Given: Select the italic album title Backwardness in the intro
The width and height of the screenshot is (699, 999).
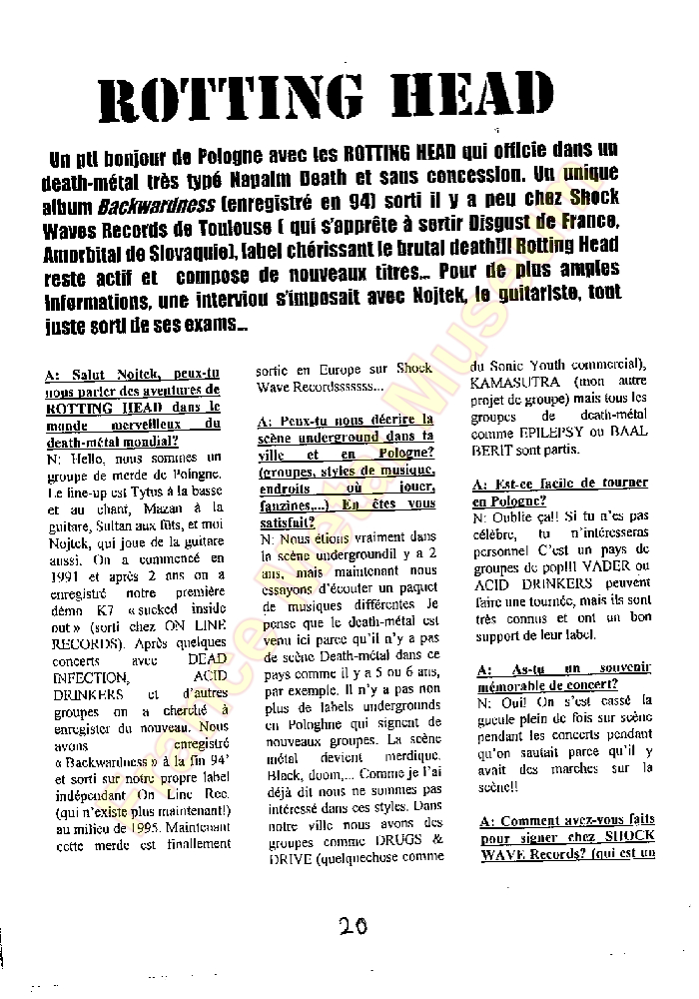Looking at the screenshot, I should (156, 205).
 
